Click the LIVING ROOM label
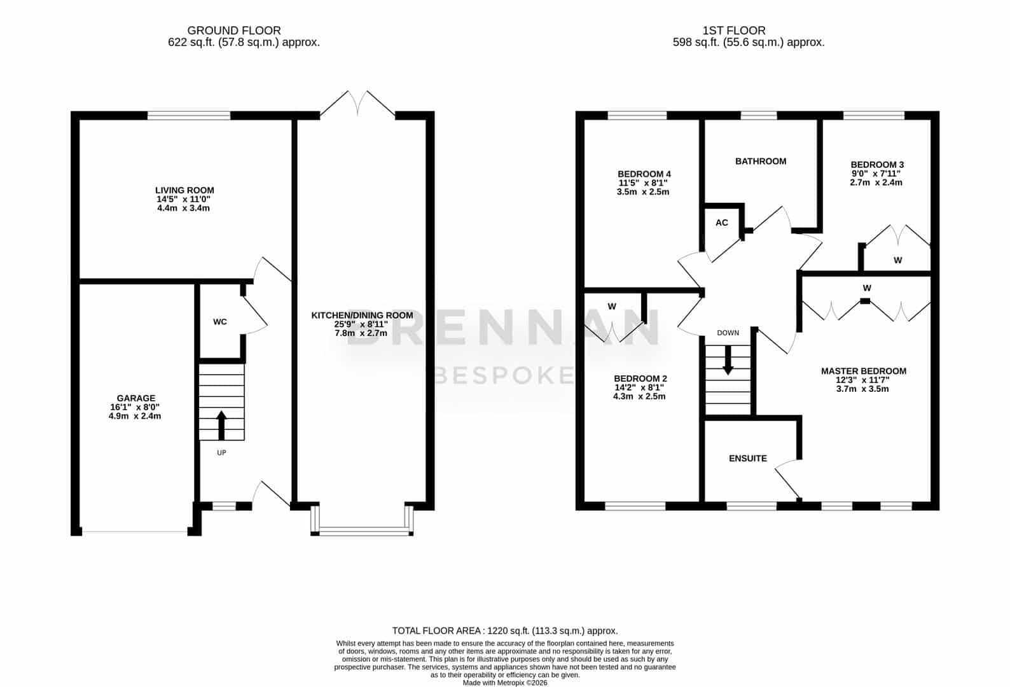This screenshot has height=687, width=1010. (x=184, y=190)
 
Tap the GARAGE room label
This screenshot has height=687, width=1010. (x=135, y=398)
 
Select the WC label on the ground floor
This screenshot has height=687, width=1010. (x=220, y=322)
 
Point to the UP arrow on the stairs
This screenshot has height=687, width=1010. (x=221, y=425)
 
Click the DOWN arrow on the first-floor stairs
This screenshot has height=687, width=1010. (x=728, y=360)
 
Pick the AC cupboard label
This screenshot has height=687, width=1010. (x=722, y=223)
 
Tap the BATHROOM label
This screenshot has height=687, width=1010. (x=761, y=161)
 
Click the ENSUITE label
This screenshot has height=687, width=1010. (x=747, y=458)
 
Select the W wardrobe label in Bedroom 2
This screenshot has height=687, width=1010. (x=612, y=307)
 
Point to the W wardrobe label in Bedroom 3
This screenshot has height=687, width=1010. (x=897, y=260)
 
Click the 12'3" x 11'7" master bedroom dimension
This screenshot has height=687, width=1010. (x=862, y=380)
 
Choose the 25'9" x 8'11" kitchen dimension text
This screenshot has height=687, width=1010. (x=361, y=324)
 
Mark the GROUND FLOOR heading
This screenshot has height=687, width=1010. (x=234, y=31)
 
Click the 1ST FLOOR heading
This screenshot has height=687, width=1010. (x=734, y=31)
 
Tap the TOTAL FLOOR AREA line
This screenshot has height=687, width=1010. (x=505, y=630)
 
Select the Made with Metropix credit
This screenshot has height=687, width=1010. (x=505, y=683)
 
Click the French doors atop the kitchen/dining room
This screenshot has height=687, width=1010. (x=357, y=104)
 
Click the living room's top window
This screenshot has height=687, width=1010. (x=189, y=116)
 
